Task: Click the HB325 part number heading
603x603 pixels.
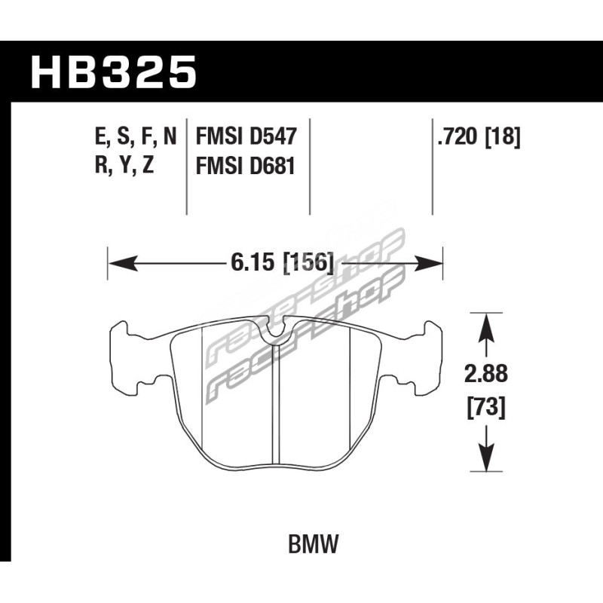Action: (114, 72)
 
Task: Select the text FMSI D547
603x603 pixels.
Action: (246, 136)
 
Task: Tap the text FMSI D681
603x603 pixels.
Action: (246, 166)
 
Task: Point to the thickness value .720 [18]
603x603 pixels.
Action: (479, 137)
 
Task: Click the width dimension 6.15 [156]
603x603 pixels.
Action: (282, 263)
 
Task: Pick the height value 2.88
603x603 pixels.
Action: (486, 374)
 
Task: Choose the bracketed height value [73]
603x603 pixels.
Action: (486, 408)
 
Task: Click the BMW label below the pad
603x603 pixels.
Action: (314, 544)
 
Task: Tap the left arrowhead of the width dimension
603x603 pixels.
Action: (123, 263)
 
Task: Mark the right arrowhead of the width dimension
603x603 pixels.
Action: (428, 263)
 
